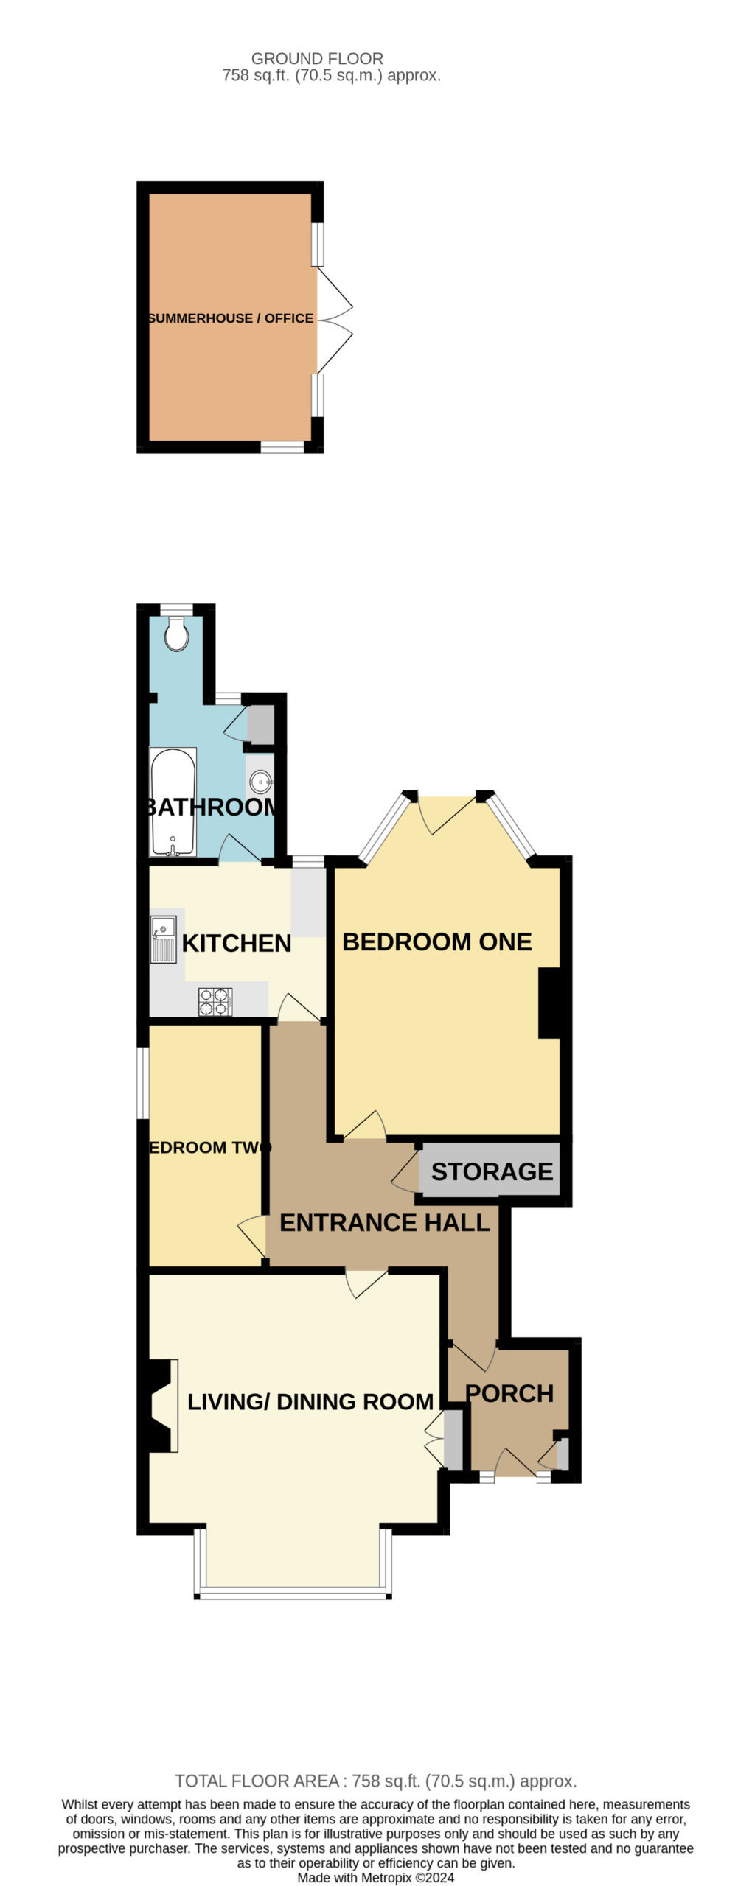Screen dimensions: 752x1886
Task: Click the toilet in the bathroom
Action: [x=175, y=634]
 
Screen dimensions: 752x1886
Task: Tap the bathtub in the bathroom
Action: [x=173, y=802]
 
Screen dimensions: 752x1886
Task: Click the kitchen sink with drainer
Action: [x=164, y=939]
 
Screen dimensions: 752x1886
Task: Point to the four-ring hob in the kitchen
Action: [x=215, y=1002]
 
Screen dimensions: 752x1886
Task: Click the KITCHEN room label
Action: [x=237, y=944]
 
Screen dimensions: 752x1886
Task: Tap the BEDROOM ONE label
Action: [x=437, y=942]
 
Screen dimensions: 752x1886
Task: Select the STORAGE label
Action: [x=492, y=1172]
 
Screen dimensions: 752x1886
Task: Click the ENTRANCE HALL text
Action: [x=385, y=1224]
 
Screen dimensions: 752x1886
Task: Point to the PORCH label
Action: [x=509, y=1394]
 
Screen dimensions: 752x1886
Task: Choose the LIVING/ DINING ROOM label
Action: [x=310, y=1402]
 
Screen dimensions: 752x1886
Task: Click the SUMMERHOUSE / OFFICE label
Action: [x=231, y=318]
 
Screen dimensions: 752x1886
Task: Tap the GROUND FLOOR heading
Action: [x=317, y=58]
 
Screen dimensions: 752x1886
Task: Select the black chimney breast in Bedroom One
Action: [x=550, y=1003]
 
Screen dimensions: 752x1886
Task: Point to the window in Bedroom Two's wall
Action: [x=144, y=1083]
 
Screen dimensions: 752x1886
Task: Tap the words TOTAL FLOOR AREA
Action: [x=257, y=1781]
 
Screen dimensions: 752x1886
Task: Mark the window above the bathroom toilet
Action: [x=176, y=609]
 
